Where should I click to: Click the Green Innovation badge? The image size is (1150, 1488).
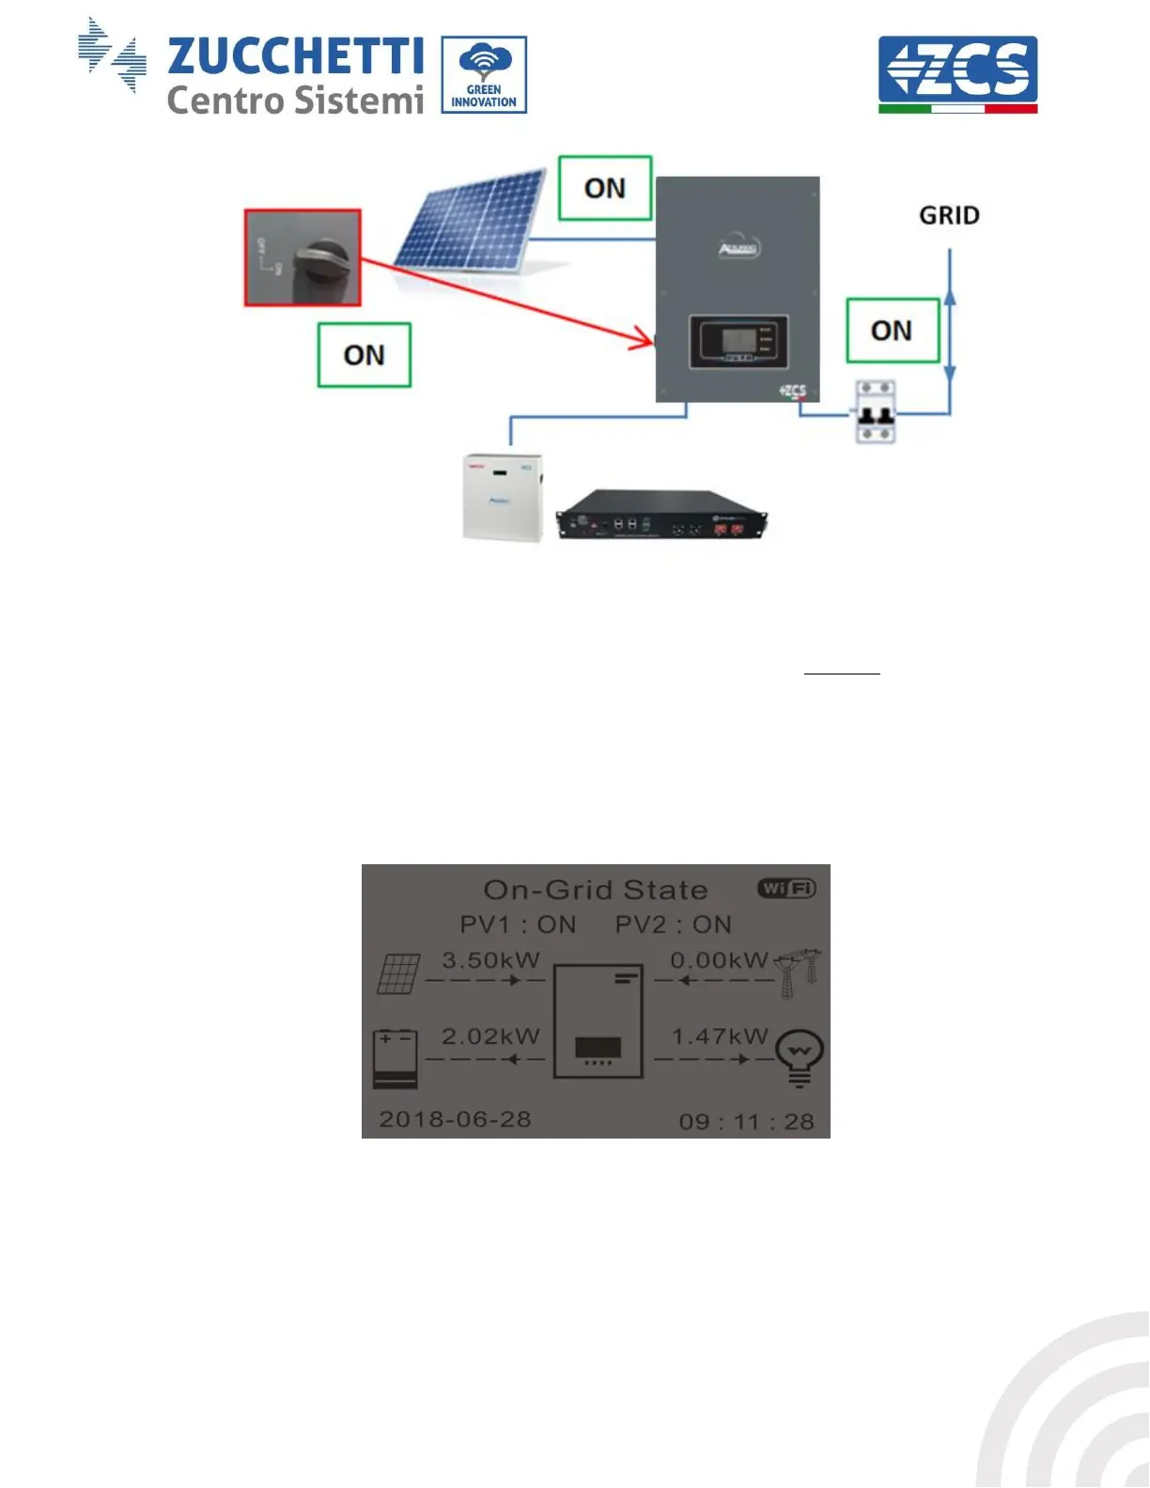point(484,75)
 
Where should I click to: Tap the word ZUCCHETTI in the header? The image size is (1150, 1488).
point(295,56)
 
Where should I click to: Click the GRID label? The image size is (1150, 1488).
point(949,216)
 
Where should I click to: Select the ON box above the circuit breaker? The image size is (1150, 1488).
point(893,331)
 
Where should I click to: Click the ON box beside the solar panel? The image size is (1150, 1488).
point(605,189)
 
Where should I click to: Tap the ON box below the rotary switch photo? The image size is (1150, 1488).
point(365,355)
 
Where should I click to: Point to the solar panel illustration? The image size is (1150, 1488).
point(470,221)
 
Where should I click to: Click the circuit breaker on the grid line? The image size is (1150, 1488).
point(874,412)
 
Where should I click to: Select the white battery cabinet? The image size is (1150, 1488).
point(504,497)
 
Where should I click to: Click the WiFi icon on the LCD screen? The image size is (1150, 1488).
point(786,889)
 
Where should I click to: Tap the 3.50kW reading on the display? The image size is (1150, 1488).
point(490,960)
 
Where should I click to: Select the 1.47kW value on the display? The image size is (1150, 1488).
point(719,1036)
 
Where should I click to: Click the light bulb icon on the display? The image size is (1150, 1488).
point(800,1057)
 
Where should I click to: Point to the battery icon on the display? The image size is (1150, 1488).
point(396,1058)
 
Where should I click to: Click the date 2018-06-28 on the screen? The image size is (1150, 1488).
point(455,1120)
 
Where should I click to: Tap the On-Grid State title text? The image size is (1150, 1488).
point(595,890)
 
